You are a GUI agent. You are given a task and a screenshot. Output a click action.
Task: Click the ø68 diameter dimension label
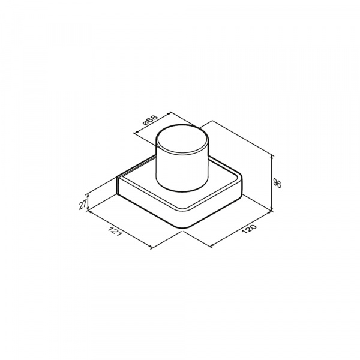click(x=151, y=119)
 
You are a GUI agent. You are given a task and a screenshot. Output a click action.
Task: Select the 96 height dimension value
click(x=277, y=183)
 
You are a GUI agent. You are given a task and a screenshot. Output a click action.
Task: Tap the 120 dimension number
click(x=248, y=229)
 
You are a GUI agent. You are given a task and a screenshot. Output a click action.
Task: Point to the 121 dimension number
click(x=115, y=232)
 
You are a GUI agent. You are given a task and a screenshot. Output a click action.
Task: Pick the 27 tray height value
click(x=83, y=205)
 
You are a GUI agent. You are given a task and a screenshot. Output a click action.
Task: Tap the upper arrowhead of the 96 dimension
click(x=272, y=157)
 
